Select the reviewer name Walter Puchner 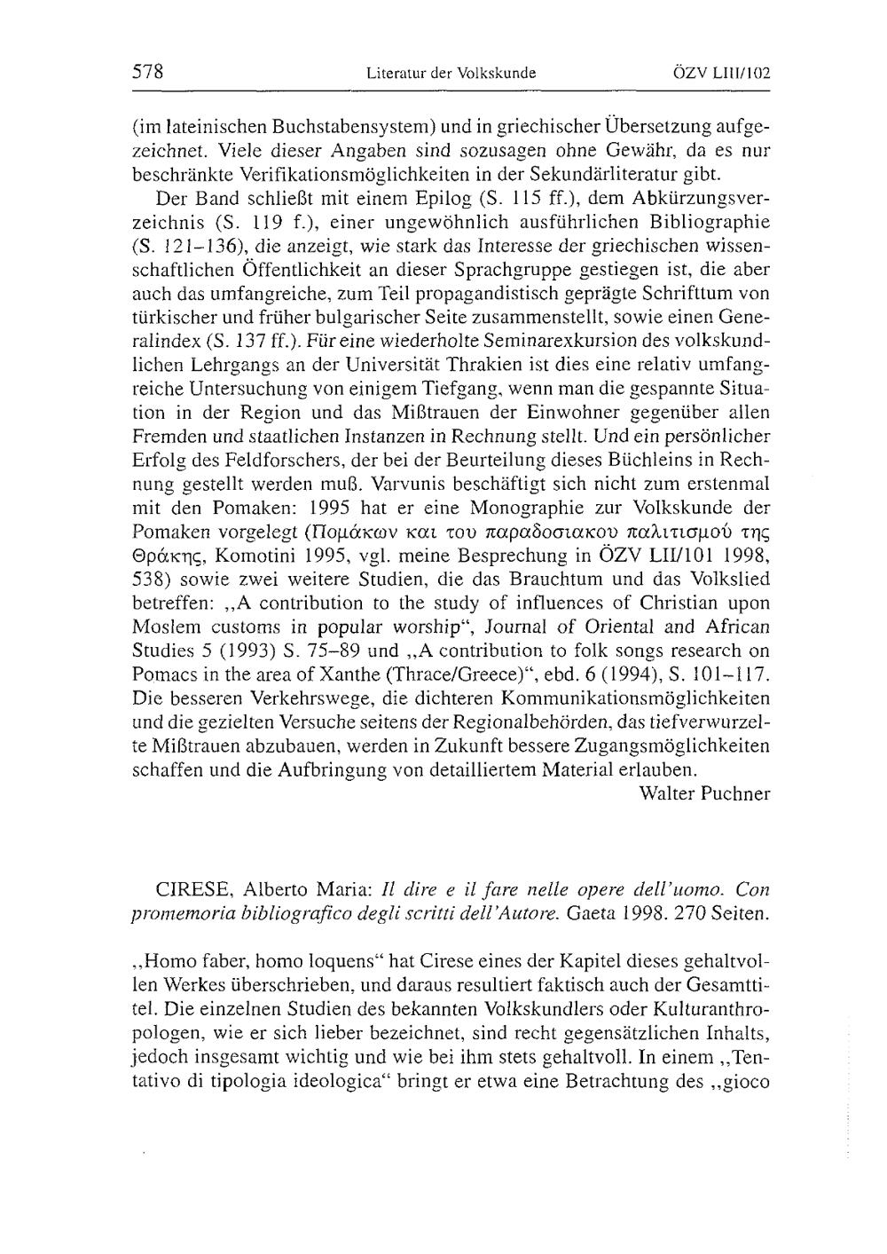[704, 793]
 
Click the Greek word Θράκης [168, 556]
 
